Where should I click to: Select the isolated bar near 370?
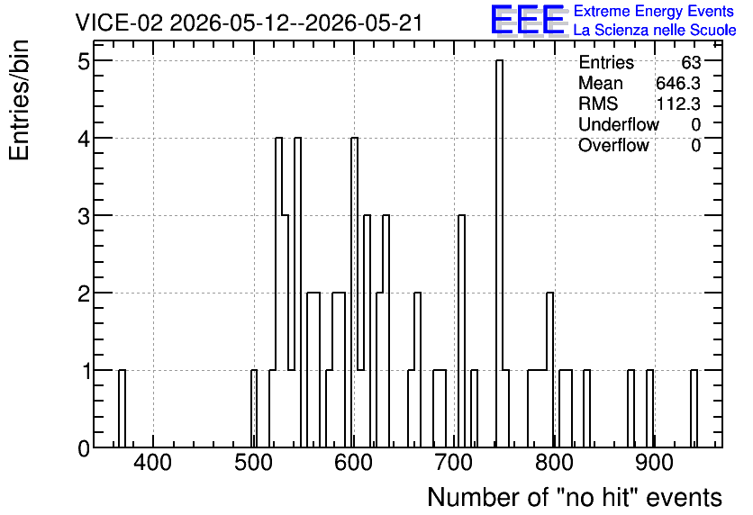[122, 409]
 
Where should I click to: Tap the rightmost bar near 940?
[694, 409]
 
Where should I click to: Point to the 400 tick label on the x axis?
[153, 463]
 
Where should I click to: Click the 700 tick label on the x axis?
[453, 463]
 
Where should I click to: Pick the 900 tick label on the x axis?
[654, 463]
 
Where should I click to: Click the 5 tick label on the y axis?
[84, 61]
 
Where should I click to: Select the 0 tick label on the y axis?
[84, 448]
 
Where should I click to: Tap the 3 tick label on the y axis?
[84, 216]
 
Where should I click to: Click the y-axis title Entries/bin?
[20, 101]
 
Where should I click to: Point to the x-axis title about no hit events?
[575, 497]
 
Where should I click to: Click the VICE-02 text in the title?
[119, 23]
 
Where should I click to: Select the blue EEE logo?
[528, 20]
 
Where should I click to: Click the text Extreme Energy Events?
[654, 11]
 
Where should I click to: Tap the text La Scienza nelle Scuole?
[655, 31]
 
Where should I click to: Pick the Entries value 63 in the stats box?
[691, 62]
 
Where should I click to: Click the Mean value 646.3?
[678, 84]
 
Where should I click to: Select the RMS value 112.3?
[678, 104]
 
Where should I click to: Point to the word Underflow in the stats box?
[619, 125]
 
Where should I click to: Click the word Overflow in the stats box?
[613, 146]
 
